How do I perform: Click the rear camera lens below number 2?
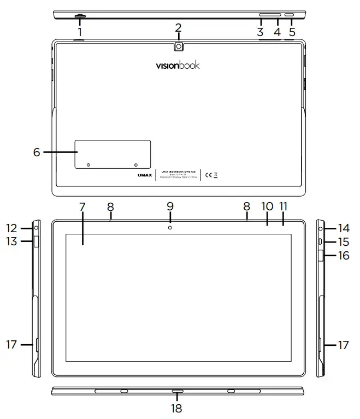(179, 47)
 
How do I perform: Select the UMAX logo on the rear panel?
(144, 175)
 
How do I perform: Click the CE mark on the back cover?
(208, 175)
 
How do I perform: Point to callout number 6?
(37, 152)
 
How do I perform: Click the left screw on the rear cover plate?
(88, 164)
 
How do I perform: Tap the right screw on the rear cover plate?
(135, 164)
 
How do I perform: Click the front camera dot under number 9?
(170, 227)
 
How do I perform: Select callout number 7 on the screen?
(82, 207)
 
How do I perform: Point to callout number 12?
(12, 228)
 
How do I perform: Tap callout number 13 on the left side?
(12, 241)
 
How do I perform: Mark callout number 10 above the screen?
(267, 207)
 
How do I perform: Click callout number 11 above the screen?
(284, 207)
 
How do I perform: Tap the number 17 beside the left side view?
(12, 345)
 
